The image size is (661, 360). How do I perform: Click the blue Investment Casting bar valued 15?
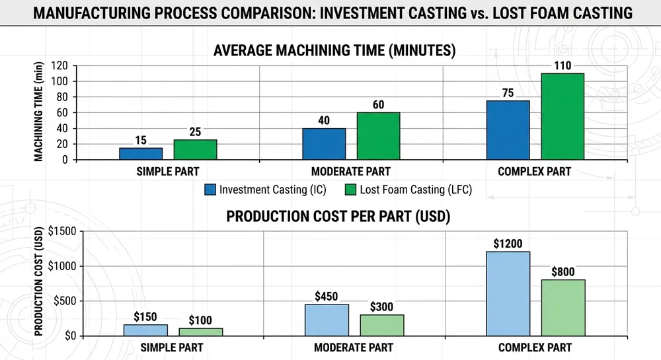click(x=141, y=153)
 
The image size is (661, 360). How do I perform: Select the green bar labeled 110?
click(x=563, y=116)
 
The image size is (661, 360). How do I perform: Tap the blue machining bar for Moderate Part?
click(x=324, y=143)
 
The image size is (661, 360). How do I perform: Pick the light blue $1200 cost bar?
click(x=508, y=293)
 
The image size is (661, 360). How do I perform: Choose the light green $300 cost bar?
click(x=382, y=325)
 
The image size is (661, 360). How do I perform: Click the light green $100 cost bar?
click(x=201, y=332)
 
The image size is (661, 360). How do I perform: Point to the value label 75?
click(x=508, y=93)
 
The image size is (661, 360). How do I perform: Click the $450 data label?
click(x=326, y=296)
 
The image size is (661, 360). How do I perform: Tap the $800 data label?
click(x=563, y=271)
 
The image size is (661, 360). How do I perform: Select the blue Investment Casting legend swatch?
click(x=210, y=190)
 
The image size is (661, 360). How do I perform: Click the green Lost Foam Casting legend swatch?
click(x=350, y=190)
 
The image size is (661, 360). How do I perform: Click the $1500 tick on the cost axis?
click(x=61, y=231)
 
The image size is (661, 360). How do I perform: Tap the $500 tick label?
click(x=63, y=301)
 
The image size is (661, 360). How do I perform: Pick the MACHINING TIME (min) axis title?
click(x=39, y=112)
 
